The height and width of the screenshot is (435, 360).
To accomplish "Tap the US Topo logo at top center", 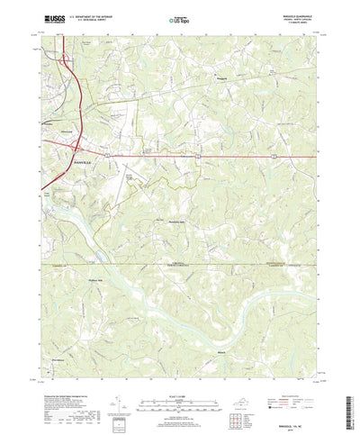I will pos(180,18).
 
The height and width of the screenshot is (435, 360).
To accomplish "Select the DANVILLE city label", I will pos(82,159).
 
